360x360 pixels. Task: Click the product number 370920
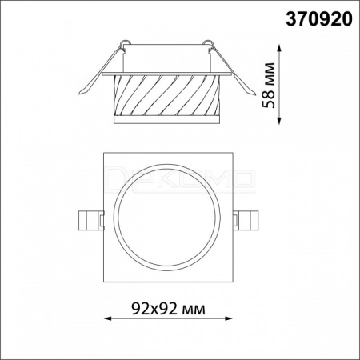pyautogui.click(x=319, y=19)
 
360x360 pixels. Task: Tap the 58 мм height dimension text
pyautogui.click(x=269, y=86)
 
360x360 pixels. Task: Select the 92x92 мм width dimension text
pyautogui.click(x=169, y=310)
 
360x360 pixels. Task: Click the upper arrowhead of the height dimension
pyautogui.click(x=279, y=48)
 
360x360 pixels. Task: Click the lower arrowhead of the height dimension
pyautogui.click(x=279, y=121)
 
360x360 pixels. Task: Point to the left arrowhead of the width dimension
pyautogui.click(x=107, y=318)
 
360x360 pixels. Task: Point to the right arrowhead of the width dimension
pyautogui.click(x=229, y=318)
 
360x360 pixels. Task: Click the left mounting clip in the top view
pyautogui.click(x=90, y=220)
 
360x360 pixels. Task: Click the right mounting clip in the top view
pyautogui.click(x=246, y=220)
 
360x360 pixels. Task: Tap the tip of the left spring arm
pyautogui.click(x=79, y=94)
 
